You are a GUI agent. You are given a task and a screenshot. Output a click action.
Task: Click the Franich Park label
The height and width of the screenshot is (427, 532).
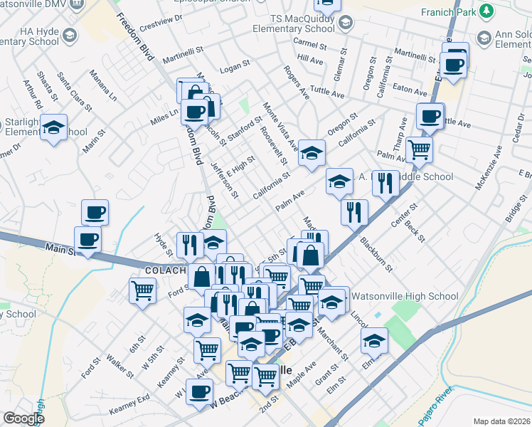[448, 11]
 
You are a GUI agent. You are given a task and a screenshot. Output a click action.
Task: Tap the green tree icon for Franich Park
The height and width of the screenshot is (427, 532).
[486, 11]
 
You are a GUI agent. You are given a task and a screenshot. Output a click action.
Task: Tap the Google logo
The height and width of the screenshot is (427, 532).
[23, 418]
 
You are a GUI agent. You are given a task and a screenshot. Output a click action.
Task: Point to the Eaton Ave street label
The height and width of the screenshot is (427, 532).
[410, 90]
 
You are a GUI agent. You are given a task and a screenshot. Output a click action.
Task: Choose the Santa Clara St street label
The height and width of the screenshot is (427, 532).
[75, 92]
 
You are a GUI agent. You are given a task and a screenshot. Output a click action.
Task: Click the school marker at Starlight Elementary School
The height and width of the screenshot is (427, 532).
[54, 127]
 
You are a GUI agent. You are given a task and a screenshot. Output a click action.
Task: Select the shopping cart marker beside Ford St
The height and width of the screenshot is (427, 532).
[142, 290]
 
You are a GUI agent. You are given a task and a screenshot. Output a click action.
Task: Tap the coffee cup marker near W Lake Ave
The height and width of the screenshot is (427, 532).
[201, 389]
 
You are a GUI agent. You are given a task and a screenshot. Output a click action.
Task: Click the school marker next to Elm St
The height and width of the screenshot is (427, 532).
[374, 341]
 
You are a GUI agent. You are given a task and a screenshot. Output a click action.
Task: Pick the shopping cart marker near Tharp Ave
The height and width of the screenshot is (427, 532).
[420, 149]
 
